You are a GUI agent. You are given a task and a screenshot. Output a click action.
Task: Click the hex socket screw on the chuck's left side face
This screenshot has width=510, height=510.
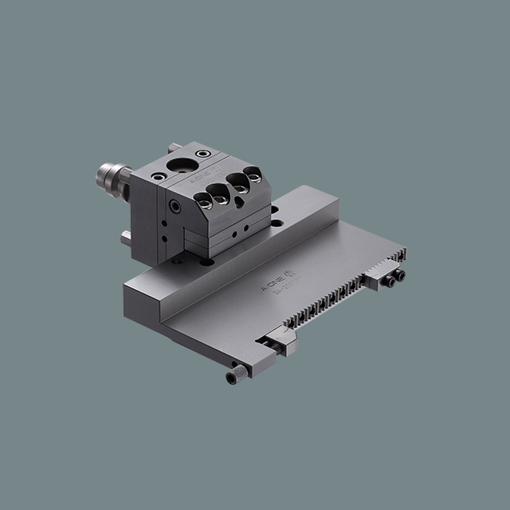175,206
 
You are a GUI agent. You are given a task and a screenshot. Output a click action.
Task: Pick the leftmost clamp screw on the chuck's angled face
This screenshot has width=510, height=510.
206,204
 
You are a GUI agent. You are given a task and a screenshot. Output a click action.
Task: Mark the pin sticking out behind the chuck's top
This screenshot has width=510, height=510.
175,147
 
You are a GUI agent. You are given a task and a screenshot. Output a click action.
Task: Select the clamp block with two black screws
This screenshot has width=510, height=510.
384,277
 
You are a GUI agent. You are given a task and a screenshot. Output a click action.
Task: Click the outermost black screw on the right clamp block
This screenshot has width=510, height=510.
399,276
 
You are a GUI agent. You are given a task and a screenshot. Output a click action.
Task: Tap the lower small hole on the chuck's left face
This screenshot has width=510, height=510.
165,237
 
